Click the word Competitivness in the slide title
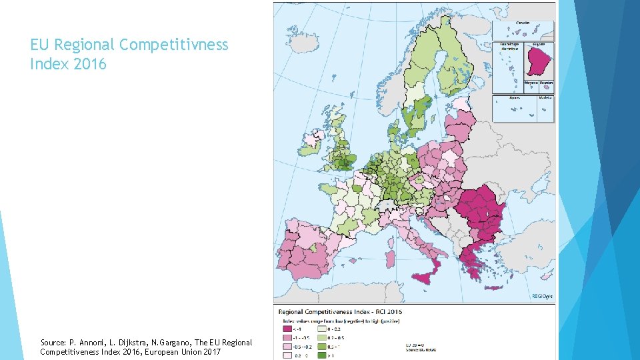[173, 45]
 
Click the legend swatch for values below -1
[288, 329]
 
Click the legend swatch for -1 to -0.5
[288, 337]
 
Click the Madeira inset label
[545, 97]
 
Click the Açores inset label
[515, 97]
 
